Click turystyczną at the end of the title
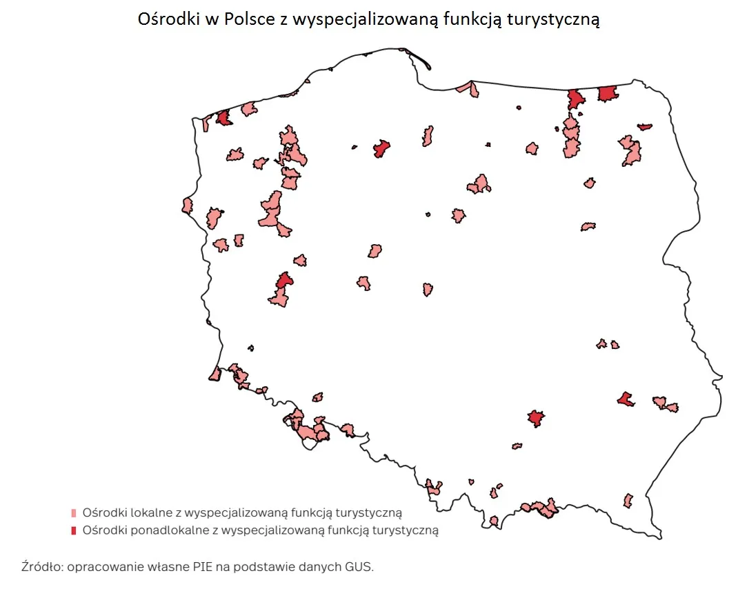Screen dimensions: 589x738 coord(554,19)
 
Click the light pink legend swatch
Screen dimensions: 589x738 coord(74,513)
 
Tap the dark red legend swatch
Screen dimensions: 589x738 coord(74,530)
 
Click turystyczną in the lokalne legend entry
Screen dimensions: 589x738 coord(367,513)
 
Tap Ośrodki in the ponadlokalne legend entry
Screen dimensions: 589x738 coord(101,530)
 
